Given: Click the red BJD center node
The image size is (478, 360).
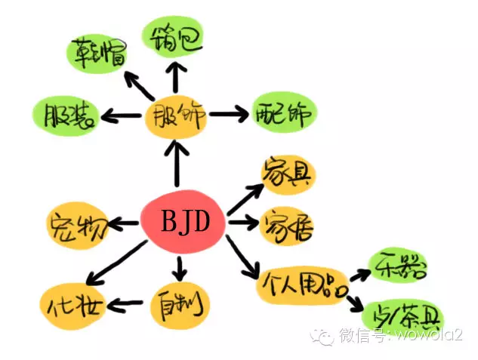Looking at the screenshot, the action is (x=183, y=223).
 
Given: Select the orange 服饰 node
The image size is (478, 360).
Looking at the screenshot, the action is (x=176, y=117).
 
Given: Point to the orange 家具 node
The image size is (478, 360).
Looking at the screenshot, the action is (x=287, y=176).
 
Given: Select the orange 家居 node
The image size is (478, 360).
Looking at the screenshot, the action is (x=287, y=224).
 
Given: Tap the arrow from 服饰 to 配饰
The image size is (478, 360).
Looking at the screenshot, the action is (x=229, y=115).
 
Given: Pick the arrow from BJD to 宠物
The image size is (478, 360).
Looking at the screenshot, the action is (x=124, y=223).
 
